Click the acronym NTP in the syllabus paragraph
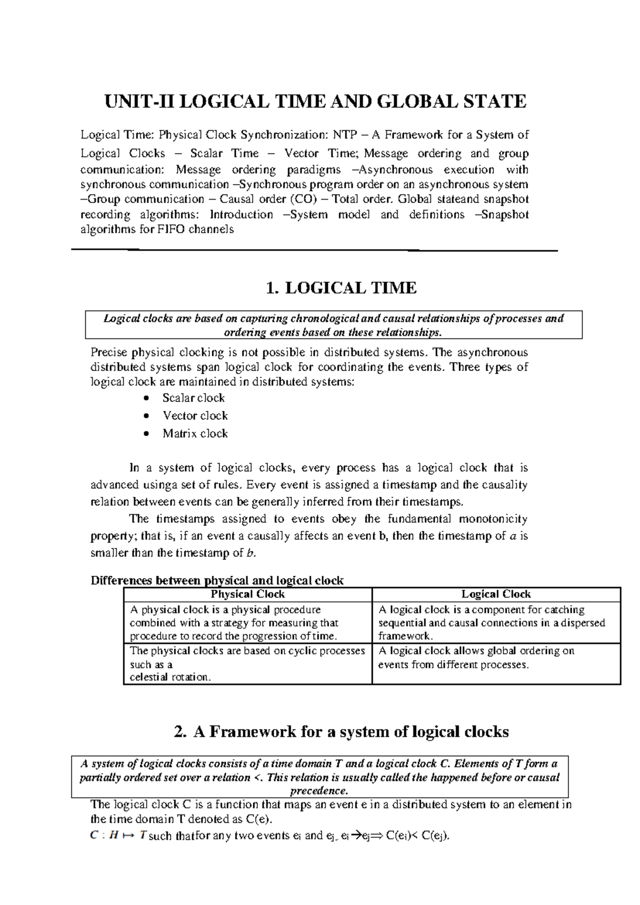tap(346, 135)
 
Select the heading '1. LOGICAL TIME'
tap(341, 288)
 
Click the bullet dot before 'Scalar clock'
tap(147, 399)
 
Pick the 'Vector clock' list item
tap(195, 416)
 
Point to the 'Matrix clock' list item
tap(195, 433)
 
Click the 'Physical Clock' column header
tap(247, 594)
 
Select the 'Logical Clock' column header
tap(496, 594)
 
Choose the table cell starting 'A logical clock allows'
tap(476, 657)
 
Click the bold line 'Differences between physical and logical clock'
tap(217, 580)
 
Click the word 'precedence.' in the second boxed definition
tap(319, 790)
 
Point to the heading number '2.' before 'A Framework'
tap(180, 732)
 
